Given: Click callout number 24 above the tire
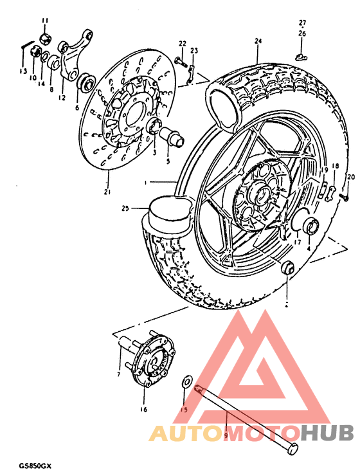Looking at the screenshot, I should pos(258,41).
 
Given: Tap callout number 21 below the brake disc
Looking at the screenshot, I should pos(107,191).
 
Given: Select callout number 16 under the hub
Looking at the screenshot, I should pos(143,409).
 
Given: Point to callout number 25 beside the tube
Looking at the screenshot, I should pos(125,208).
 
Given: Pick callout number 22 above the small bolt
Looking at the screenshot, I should pos(182,43).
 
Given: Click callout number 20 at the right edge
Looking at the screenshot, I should pos(350,176).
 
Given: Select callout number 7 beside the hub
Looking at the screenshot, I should pos(118,374).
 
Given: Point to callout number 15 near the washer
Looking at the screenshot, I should pos(183,408).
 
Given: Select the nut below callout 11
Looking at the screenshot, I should pos(44,40).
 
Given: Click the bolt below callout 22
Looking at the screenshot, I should pos(182,63).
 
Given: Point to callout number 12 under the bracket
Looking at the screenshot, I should pos(61,98).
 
